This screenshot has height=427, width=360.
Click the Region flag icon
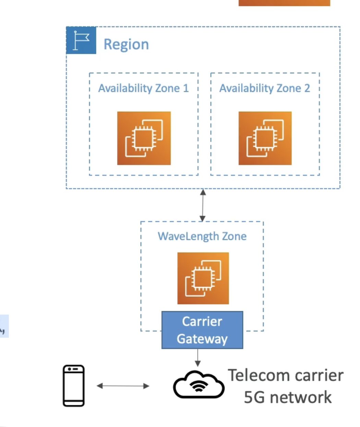click(81, 40)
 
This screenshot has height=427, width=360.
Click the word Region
click(126, 45)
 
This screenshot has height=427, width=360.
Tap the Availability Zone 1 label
click(143, 88)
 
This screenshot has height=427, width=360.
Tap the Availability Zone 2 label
click(264, 88)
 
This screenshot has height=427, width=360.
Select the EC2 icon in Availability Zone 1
click(144, 138)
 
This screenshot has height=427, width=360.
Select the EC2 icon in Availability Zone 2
click(265, 138)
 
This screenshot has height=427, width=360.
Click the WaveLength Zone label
click(202, 236)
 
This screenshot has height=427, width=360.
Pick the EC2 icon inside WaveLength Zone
click(203, 278)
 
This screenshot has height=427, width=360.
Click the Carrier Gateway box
click(202, 330)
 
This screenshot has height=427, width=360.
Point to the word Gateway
click(202, 339)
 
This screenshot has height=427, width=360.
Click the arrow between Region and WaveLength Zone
click(203, 205)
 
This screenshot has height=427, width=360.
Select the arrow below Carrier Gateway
click(197, 357)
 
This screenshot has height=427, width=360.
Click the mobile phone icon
click(74, 386)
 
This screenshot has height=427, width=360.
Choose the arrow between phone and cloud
click(123, 386)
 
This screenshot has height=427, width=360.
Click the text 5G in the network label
click(254, 398)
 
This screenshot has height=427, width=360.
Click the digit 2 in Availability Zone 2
click(307, 88)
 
